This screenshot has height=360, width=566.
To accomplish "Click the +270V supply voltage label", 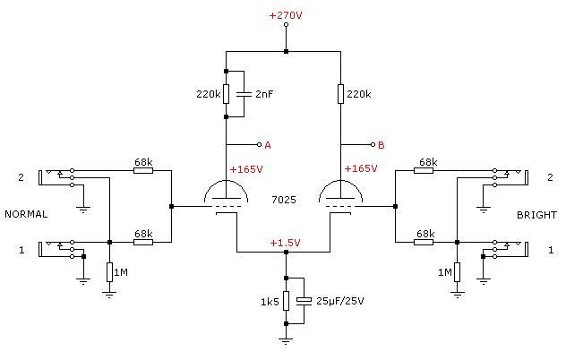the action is (286, 15).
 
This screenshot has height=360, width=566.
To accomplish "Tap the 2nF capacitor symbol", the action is (244, 94).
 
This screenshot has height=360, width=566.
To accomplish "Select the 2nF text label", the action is (264, 94).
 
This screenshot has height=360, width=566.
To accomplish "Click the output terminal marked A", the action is (259, 145).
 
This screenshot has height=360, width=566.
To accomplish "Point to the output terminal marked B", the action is (373, 145).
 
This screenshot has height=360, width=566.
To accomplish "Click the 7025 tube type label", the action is (284, 200).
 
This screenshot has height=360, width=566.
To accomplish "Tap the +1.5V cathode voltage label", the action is (285, 243).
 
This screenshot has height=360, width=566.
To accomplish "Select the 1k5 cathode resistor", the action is (286, 301).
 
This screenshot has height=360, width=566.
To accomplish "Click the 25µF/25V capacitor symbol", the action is (304, 301).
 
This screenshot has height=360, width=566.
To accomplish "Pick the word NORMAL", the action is (26, 214).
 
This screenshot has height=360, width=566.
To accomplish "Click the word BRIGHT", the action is (536, 215).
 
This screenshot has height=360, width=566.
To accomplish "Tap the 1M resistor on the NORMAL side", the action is (110, 272).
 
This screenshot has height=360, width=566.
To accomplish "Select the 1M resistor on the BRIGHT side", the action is (457, 272).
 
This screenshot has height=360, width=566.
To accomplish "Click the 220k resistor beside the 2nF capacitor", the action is (226, 94).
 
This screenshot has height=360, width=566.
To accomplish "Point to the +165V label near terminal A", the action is (246, 169).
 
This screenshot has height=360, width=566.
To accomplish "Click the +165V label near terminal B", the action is (361, 168).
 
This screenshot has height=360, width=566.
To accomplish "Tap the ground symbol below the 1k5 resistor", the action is (286, 341).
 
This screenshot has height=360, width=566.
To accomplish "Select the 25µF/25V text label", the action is (340, 301).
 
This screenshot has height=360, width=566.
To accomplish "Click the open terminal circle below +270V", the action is (286, 24).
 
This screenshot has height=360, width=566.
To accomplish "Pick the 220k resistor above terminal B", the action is (340, 94).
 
